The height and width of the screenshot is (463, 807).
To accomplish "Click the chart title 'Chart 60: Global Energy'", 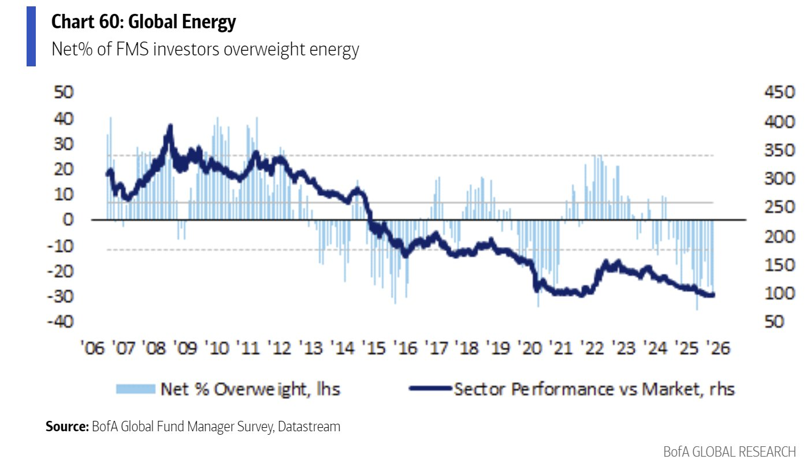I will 144,23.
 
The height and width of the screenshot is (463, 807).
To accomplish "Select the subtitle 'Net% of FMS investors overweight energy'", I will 205,50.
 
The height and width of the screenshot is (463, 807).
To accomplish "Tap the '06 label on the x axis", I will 92,349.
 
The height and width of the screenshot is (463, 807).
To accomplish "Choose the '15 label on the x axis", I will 374,349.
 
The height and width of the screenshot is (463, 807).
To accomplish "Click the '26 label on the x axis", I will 719,349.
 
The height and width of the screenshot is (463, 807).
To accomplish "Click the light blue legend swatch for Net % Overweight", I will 136,389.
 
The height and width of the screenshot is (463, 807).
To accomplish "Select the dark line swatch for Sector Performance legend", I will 429,389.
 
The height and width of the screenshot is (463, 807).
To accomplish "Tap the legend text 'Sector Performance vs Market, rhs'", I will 594,389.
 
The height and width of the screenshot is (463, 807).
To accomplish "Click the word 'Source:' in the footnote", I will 67,427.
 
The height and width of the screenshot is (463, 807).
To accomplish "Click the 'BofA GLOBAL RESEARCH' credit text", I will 730,451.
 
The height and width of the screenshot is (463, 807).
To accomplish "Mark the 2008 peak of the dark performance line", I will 169,126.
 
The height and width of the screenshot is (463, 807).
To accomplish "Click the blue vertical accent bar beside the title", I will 31,36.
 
